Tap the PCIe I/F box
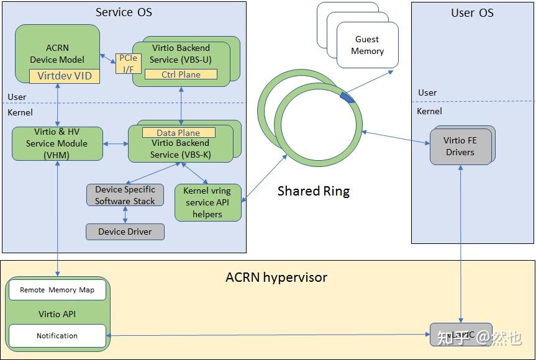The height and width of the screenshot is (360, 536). click(x=129, y=63)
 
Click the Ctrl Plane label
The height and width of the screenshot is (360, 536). click(x=181, y=74)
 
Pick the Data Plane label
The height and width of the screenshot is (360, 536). click(x=178, y=133)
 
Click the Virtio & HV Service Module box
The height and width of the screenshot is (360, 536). click(x=57, y=143)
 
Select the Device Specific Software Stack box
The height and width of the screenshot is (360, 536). click(x=125, y=195)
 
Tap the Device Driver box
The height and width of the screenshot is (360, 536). click(x=125, y=232)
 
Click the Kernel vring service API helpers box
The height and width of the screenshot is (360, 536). click(x=207, y=202)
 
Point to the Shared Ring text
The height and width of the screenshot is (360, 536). click(x=314, y=191)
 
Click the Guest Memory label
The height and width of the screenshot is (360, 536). click(x=367, y=45)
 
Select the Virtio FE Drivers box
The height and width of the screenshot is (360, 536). click(x=460, y=146)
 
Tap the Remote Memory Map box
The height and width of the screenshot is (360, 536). click(x=57, y=290)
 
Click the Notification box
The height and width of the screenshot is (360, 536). click(x=57, y=336)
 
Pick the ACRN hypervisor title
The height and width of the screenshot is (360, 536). click(x=276, y=277)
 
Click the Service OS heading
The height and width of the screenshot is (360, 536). click(x=124, y=12)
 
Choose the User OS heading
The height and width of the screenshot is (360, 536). click(x=472, y=12)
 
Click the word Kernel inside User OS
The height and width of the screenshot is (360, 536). click(x=429, y=111)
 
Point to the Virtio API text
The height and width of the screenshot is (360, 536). click(x=57, y=314)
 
